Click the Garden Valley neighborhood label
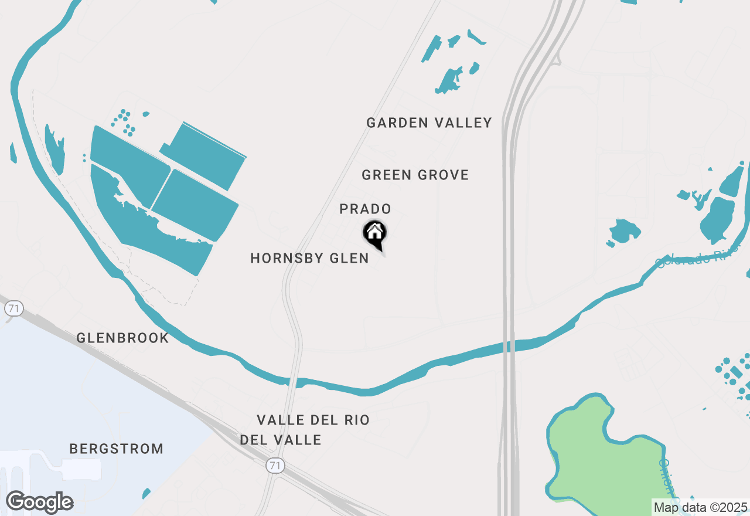429,123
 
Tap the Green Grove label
415,175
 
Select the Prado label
365,209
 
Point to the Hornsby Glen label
309,259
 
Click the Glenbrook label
122,338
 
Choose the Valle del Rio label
313,420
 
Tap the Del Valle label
281,440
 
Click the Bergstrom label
116,449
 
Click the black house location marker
374,234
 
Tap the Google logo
39,503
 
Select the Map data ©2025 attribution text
700,507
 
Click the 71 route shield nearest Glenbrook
13,308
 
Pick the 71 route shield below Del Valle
274,466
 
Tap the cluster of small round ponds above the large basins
124,122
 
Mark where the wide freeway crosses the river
509,346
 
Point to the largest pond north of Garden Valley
449,81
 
